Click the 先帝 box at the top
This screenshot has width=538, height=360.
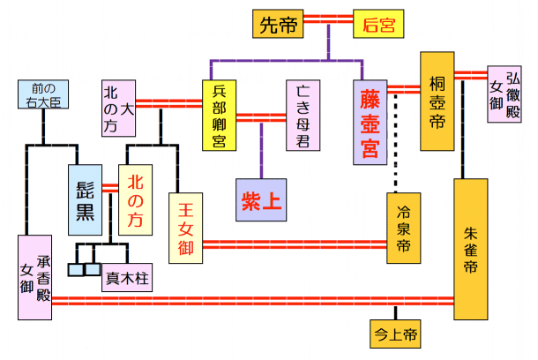coord(278,24)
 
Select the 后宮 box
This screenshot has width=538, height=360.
coord(379,24)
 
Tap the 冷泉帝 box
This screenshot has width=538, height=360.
coord(404,228)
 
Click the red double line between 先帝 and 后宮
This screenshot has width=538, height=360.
coord(328,24)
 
